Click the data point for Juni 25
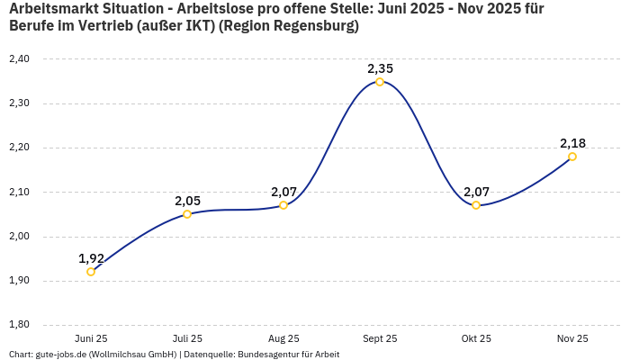pos(91,272)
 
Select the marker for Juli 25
pos(187,214)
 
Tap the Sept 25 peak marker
pos(380,82)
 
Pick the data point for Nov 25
pos(572,157)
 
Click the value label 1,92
pos(91,258)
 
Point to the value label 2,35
pos(380,68)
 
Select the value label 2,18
pos(572,143)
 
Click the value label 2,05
pos(187,201)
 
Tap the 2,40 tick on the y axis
pos(19,58)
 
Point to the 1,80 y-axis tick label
pos(19,325)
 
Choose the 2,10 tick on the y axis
pos(19,192)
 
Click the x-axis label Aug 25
pos(283,338)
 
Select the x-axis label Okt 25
pos(476,338)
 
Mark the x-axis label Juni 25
pos(91,338)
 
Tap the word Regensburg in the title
pos(311,26)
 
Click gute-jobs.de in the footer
pos(67,354)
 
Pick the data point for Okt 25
pos(476,205)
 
